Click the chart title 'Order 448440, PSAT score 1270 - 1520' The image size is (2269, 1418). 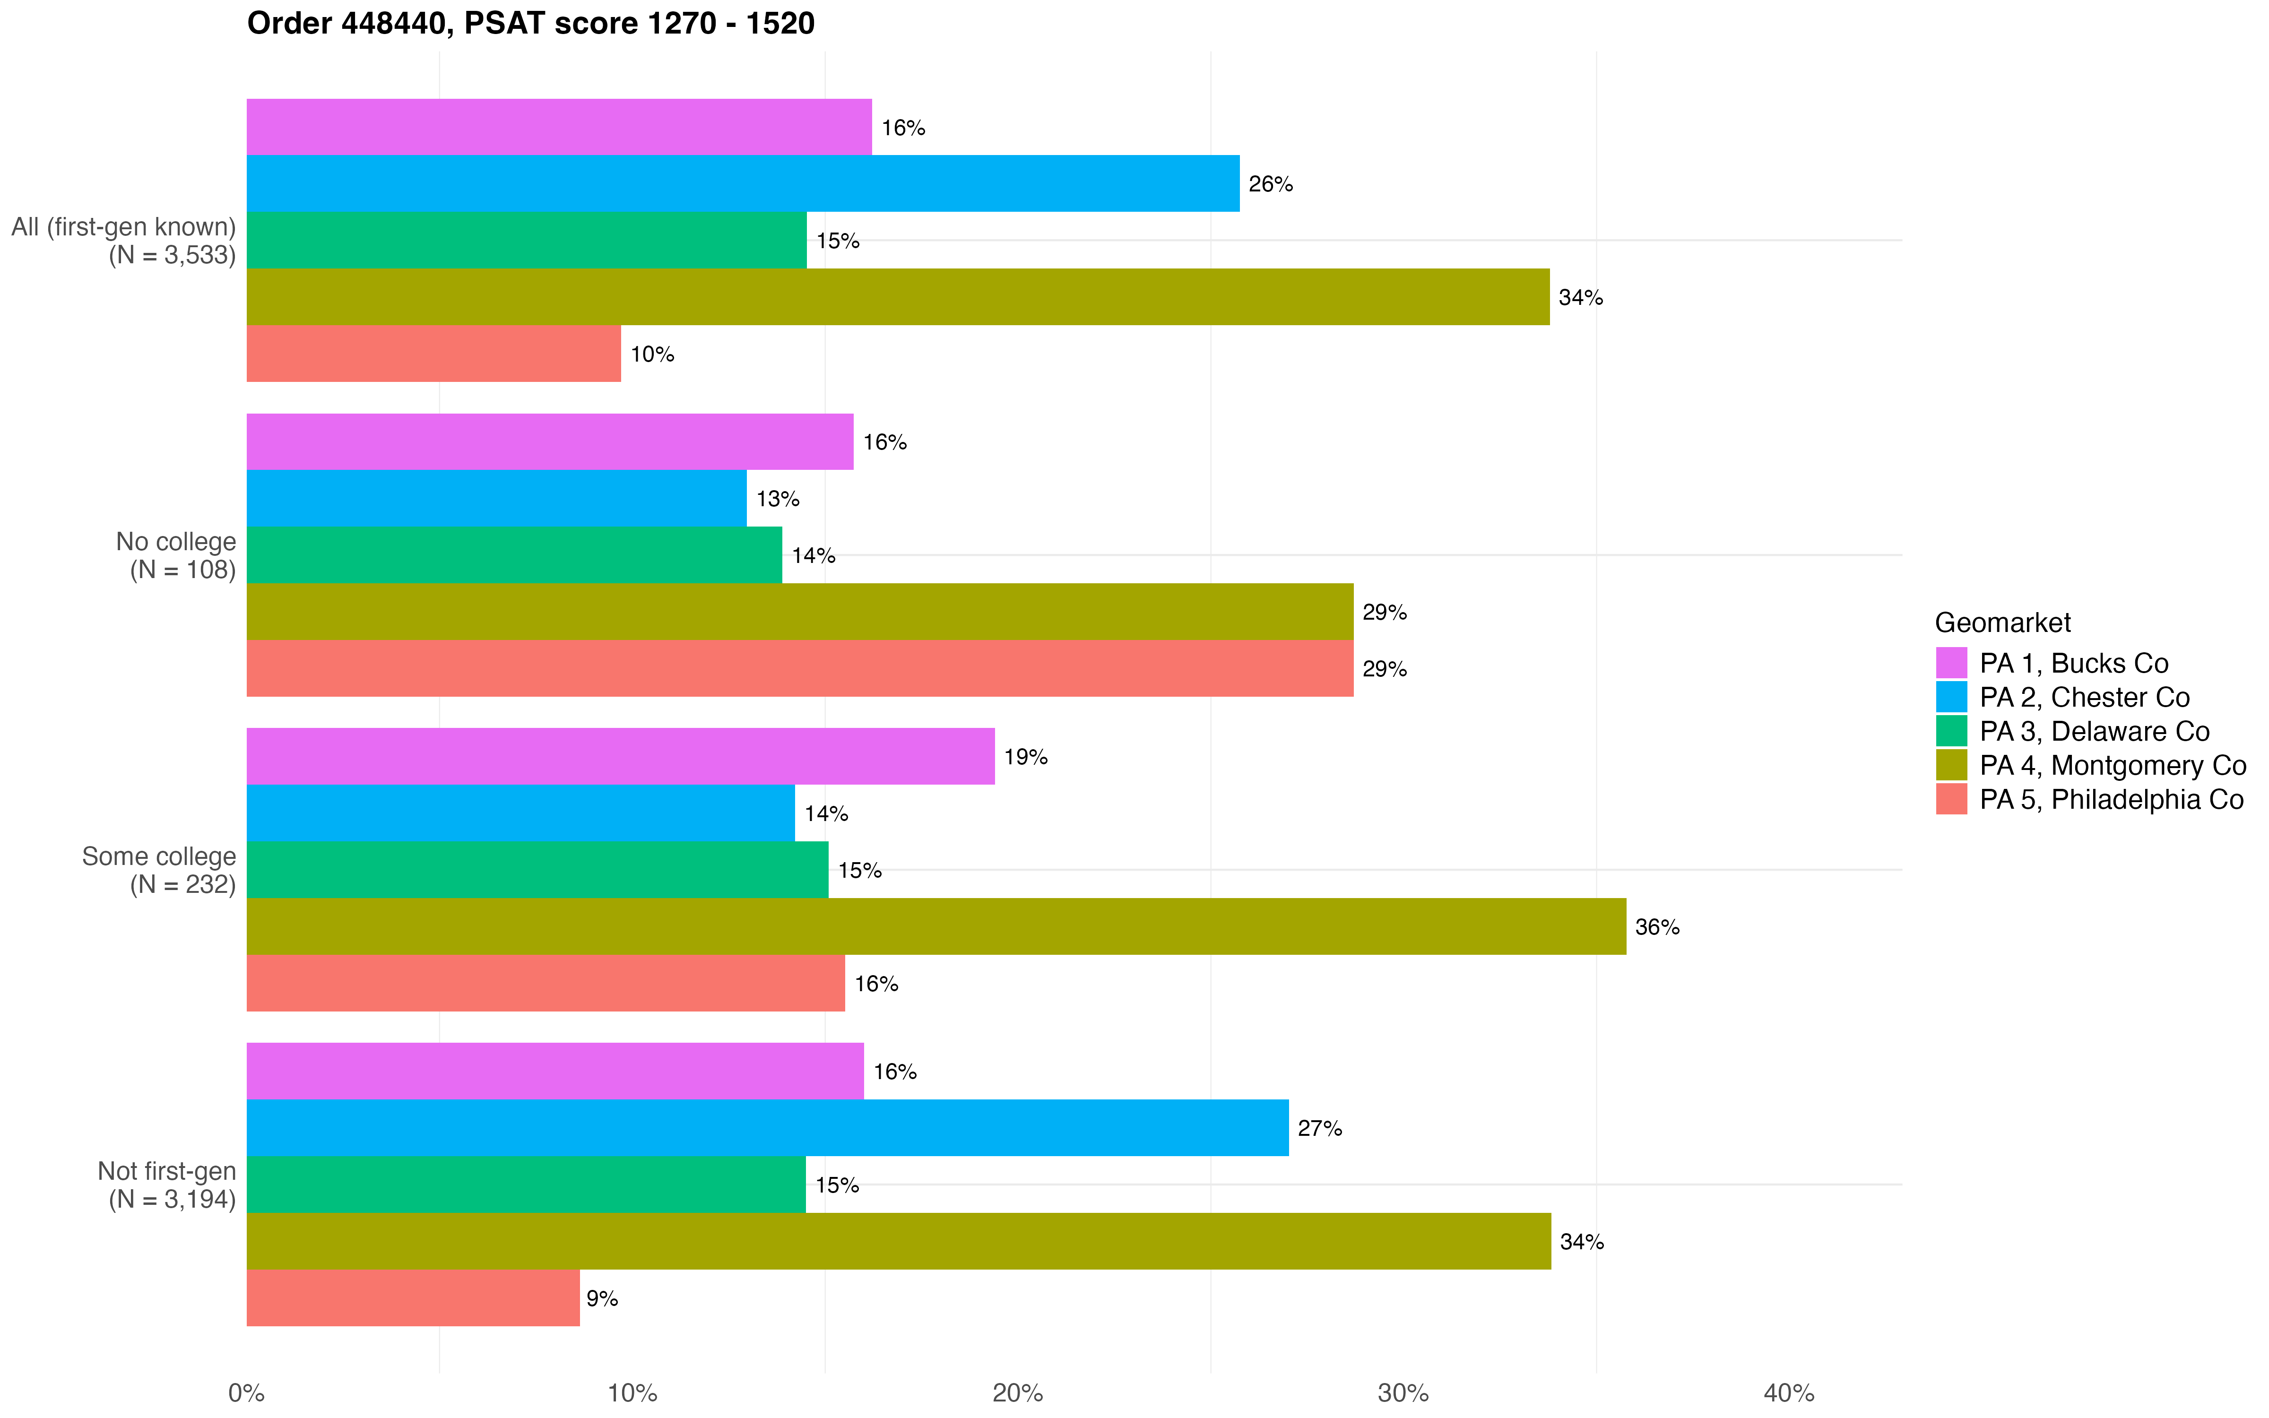pyautogui.click(x=531, y=24)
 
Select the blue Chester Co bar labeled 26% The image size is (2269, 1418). pyautogui.click(x=743, y=184)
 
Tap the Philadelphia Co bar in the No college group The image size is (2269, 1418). pyautogui.click(x=800, y=669)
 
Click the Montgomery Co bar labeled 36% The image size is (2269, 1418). pyautogui.click(x=936, y=926)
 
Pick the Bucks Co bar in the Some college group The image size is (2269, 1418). pyautogui.click(x=621, y=757)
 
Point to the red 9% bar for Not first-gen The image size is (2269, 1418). pyautogui.click(x=413, y=1298)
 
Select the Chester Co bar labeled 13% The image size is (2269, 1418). pyautogui.click(x=496, y=499)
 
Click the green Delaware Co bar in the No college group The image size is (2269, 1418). pyautogui.click(x=514, y=555)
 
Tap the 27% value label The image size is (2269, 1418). pyautogui.click(x=1319, y=1128)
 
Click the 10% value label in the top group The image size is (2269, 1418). pyautogui.click(x=652, y=354)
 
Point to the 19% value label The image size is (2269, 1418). pyautogui.click(x=1026, y=757)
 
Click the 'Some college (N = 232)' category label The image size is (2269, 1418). pyautogui.click(x=159, y=870)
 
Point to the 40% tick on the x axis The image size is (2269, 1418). pyautogui.click(x=1789, y=1392)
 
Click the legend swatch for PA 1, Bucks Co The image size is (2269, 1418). pyautogui.click(x=1951, y=663)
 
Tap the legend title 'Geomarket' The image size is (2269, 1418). pyautogui.click(x=2003, y=623)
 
